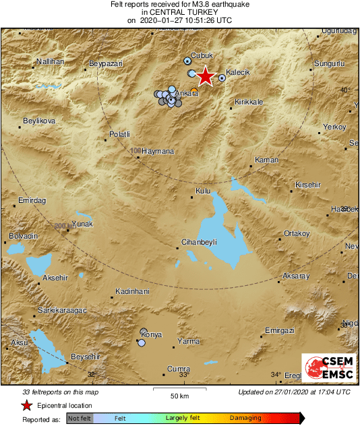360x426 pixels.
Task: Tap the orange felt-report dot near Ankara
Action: point(194,91)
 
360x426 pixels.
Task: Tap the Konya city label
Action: point(152,335)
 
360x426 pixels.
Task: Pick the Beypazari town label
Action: point(106,63)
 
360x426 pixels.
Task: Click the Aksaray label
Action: point(296,276)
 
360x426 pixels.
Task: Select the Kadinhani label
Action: point(132,291)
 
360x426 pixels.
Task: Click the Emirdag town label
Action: point(31,200)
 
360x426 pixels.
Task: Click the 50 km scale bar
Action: point(179,389)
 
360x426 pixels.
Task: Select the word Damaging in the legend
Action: point(245,418)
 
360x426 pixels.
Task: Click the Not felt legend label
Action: point(79,418)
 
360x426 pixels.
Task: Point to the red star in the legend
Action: point(27,405)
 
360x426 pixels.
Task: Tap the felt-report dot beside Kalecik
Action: point(222,78)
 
